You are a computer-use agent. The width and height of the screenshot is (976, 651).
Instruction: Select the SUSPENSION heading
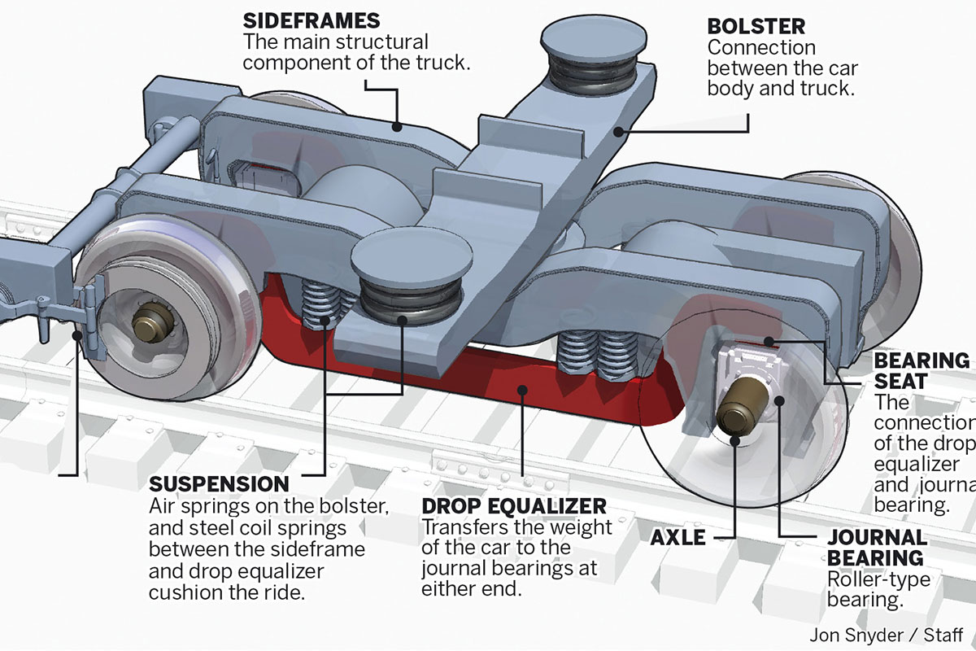pyautogui.click(x=220, y=484)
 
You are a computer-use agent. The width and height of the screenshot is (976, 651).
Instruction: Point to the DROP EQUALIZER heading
pyautogui.click(x=514, y=506)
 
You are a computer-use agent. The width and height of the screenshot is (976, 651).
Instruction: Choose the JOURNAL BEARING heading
pyautogui.click(x=877, y=548)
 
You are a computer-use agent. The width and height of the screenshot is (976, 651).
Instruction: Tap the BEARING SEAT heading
pyautogui.click(x=922, y=370)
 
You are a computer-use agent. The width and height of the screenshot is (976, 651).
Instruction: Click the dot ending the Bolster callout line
pyautogui.click(x=618, y=130)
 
